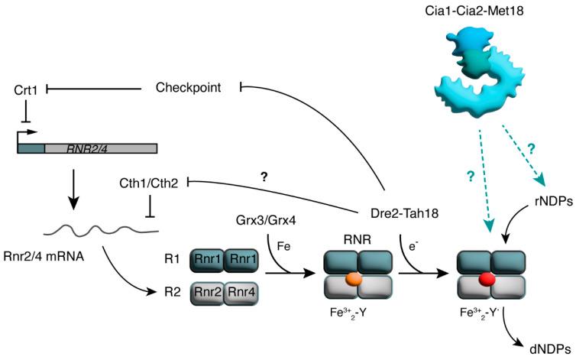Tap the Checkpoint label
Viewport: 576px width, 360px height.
click(189, 89)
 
